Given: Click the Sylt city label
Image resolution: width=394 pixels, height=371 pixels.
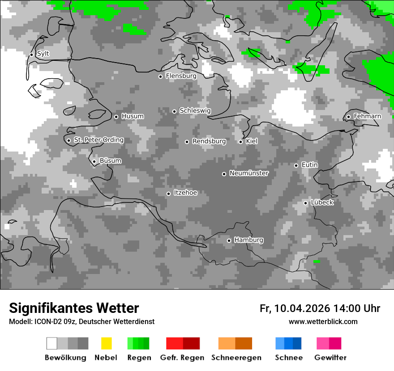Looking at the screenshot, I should pyautogui.click(x=43, y=54).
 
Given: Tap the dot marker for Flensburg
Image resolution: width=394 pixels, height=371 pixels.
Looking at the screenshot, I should pyautogui.click(x=160, y=76).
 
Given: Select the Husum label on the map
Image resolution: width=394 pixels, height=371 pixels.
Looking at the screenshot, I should pyautogui.click(x=133, y=116).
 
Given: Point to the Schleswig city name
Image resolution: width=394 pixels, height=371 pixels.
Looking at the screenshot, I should pyautogui.click(x=195, y=110).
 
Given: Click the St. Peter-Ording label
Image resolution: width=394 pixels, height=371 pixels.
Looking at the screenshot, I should pyautogui.click(x=98, y=140).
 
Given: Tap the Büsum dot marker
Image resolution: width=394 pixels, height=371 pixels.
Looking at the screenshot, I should pyautogui.click(x=94, y=161).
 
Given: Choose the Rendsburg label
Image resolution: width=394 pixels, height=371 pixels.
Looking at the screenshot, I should pyautogui.click(x=209, y=141).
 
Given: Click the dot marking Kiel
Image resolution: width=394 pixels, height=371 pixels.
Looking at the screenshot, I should pyautogui.click(x=240, y=142).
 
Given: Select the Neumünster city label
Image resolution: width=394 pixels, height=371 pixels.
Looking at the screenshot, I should pyautogui.click(x=249, y=173).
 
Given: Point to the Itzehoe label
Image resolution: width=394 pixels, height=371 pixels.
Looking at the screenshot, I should pyautogui.click(x=185, y=193).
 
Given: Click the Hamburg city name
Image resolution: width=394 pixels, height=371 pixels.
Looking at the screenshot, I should pyautogui.click(x=248, y=240).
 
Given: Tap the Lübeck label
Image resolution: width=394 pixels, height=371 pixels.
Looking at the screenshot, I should pyautogui.click(x=322, y=202).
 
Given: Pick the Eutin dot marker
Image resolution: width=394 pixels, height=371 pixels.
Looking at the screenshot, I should pyautogui.click(x=296, y=165).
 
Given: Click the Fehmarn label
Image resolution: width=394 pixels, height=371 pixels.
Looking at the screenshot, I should pyautogui.click(x=367, y=116).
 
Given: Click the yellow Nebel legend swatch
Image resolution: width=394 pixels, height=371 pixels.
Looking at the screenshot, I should pyautogui.click(x=106, y=343).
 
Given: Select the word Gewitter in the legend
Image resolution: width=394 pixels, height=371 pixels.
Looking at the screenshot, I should pyautogui.click(x=330, y=358).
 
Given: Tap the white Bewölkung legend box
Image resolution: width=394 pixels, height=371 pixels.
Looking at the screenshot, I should pyautogui.click(x=52, y=343).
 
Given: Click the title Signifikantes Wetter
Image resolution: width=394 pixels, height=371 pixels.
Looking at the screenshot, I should pyautogui.click(x=74, y=308).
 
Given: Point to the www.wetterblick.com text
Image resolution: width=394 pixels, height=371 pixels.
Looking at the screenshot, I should pyautogui.click(x=323, y=321).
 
